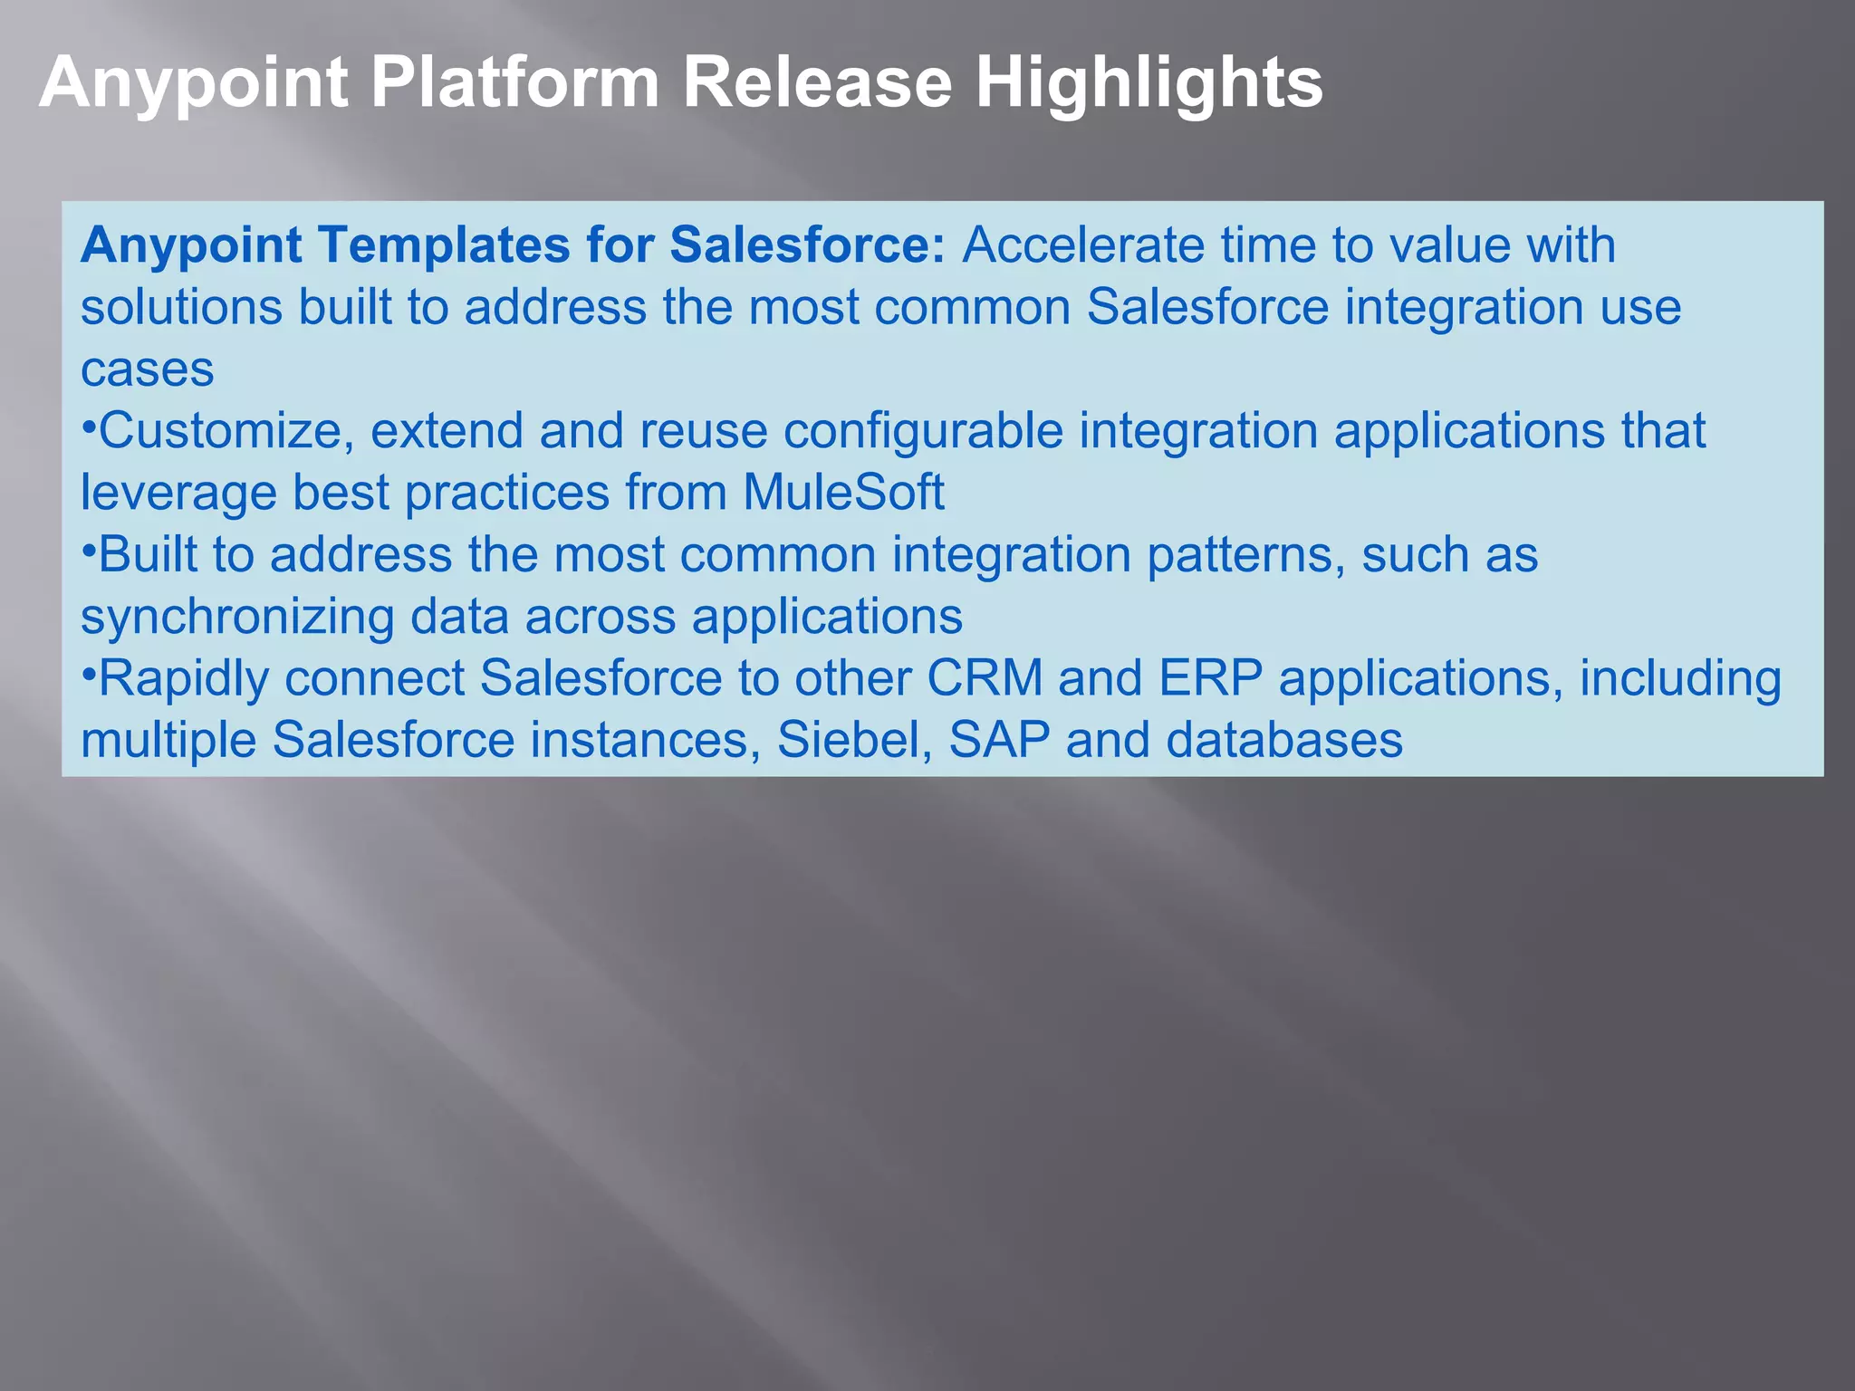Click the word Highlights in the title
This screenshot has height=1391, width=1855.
pos(1149,83)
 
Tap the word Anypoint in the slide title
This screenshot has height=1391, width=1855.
pos(193,83)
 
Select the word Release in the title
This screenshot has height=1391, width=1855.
pos(817,83)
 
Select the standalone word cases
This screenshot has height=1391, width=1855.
pos(148,369)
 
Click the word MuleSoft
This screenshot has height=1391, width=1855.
pos(843,493)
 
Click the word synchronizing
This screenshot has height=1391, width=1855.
pos(237,618)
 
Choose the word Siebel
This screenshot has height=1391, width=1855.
pos(854,740)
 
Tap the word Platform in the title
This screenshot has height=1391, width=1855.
pos(515,83)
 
